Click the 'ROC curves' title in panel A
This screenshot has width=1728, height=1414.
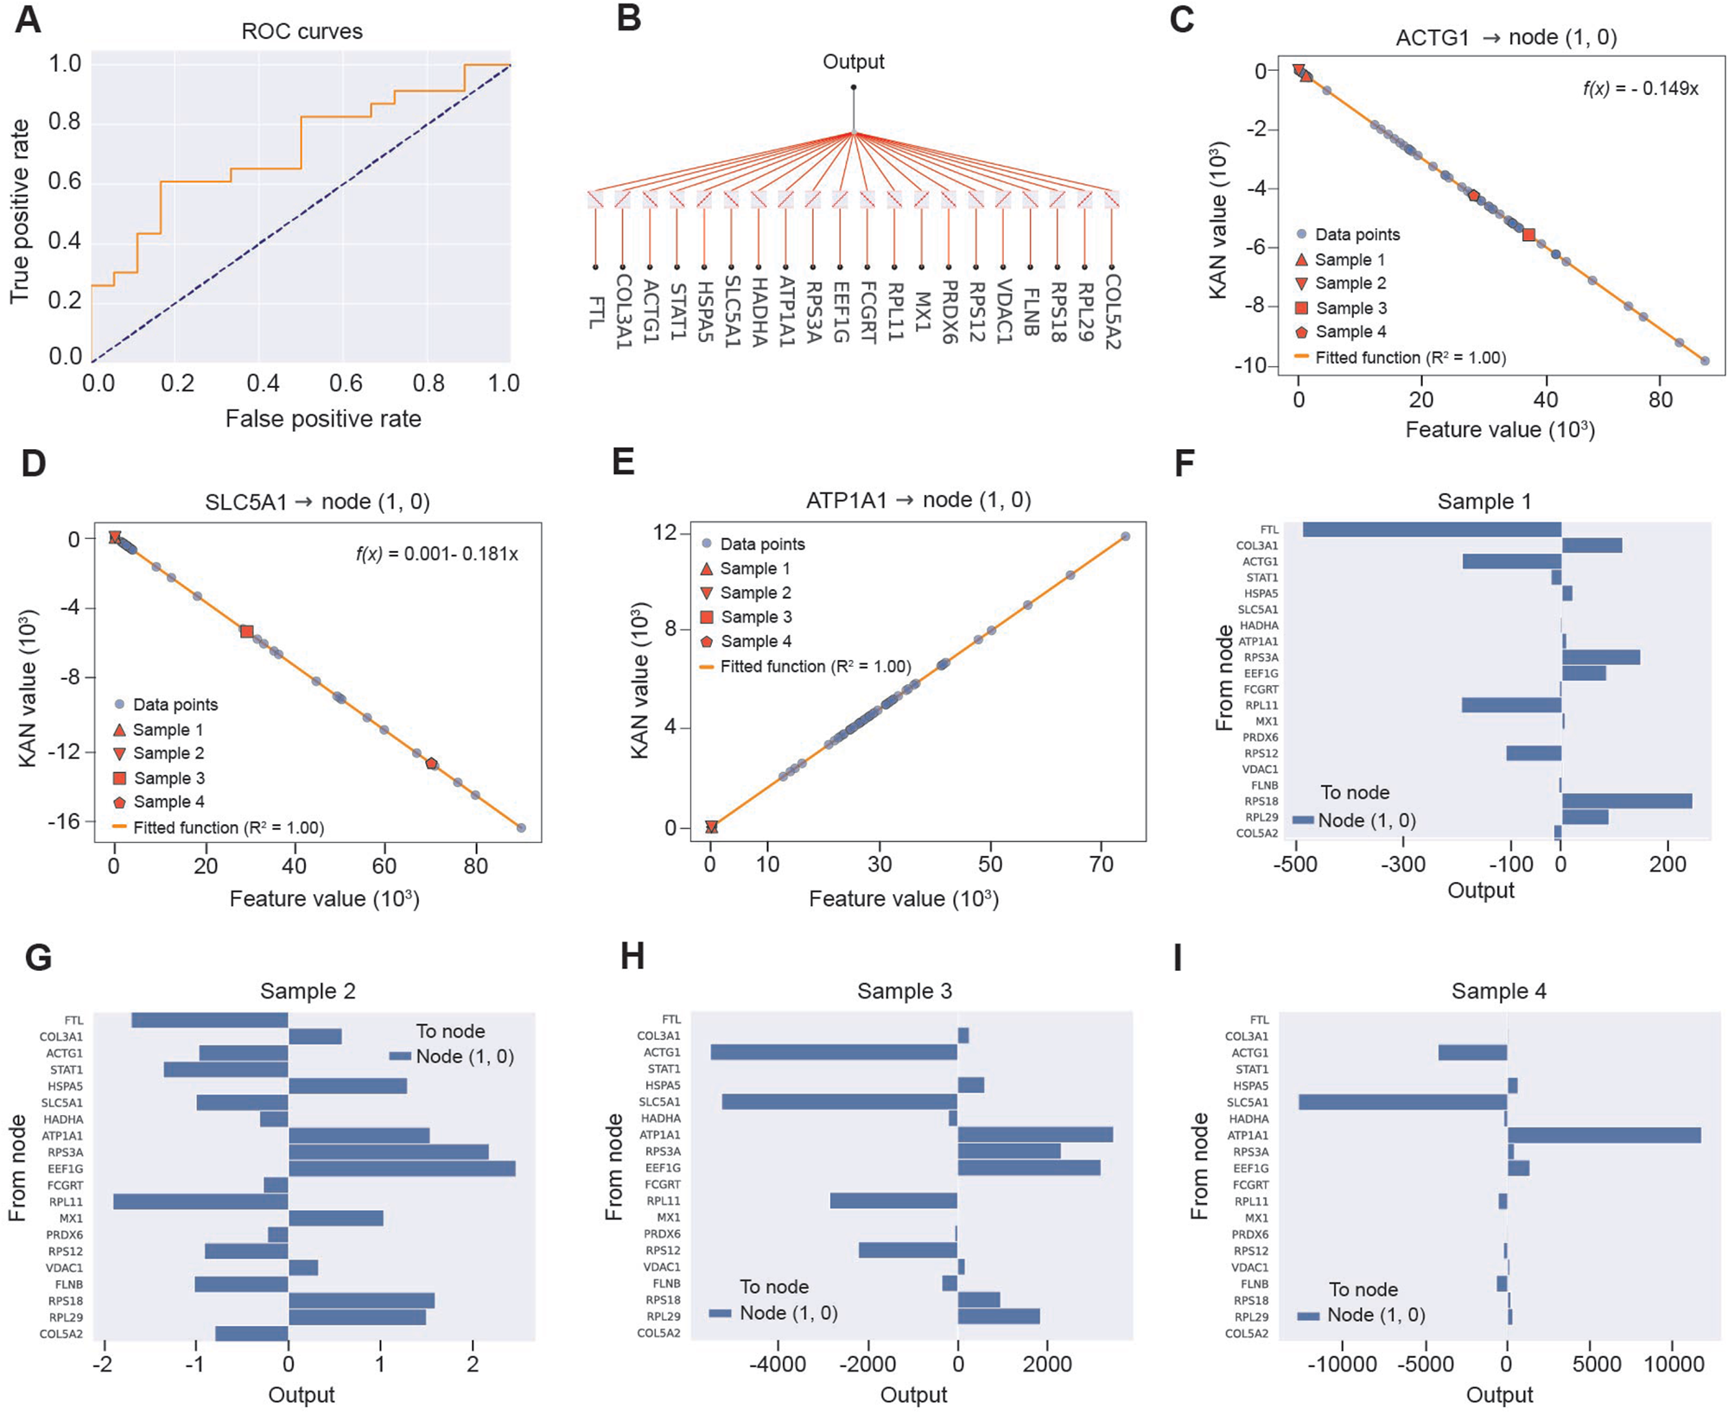302,32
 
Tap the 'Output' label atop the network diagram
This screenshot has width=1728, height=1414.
853,62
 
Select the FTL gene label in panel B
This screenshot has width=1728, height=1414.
596,312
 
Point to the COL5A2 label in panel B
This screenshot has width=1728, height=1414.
1113,312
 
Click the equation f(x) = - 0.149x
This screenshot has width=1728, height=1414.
1640,89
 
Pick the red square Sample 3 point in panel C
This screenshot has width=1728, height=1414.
1528,234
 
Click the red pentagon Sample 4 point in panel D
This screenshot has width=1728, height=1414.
431,764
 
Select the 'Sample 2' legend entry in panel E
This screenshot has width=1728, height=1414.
755,593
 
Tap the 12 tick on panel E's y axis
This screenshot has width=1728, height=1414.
665,533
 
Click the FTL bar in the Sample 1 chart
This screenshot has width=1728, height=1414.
1432,529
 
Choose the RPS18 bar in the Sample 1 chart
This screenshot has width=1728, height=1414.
1626,802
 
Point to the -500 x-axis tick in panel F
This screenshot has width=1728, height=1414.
1295,865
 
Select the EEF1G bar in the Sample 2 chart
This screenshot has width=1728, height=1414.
402,1169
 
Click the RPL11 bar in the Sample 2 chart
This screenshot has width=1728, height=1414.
200,1202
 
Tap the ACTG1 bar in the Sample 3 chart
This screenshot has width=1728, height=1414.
834,1052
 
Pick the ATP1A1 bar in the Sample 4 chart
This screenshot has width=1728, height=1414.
1604,1135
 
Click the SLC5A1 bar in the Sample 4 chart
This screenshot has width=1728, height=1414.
1402,1102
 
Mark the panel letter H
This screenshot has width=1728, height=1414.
632,957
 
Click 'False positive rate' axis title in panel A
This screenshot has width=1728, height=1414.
323,420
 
